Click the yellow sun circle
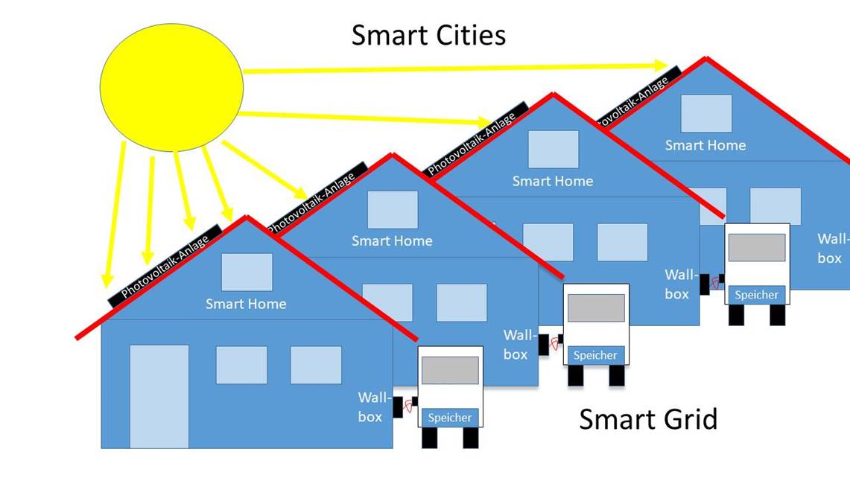[171, 86]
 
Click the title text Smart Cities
[428, 35]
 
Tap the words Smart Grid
[648, 419]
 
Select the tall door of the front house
[159, 396]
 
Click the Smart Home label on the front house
[246, 304]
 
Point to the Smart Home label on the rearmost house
[705, 145]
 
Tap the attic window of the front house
[247, 273]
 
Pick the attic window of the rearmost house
[706, 113]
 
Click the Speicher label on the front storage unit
[450, 418]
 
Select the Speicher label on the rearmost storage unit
[756, 295]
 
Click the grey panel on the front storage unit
[450, 370]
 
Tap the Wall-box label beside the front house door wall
[372, 407]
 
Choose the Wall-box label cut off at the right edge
[831, 249]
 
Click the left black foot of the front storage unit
[430, 438]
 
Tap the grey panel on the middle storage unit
[596, 307]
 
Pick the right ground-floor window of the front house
[316, 365]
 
